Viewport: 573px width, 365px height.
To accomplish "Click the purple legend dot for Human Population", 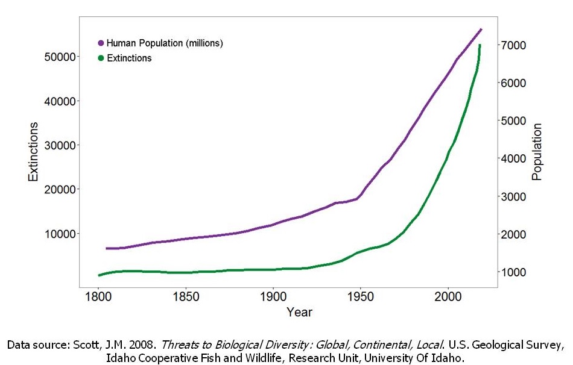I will [101, 43].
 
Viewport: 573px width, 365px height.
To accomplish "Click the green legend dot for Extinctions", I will [101, 58].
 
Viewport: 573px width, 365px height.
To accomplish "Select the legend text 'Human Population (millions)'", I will [165, 43].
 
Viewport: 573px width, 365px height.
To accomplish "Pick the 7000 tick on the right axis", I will [516, 45].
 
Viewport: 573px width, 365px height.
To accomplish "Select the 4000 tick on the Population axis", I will [516, 158].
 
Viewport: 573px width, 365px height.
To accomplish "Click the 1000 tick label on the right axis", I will [516, 272].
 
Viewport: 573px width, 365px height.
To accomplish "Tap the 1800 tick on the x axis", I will [98, 298].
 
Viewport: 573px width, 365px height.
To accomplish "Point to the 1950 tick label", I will [360, 298].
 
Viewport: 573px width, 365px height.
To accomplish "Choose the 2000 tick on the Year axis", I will [448, 298].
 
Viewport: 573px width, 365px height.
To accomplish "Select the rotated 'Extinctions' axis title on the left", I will [34, 152].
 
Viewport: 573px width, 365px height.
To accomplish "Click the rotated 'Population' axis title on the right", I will [537, 152].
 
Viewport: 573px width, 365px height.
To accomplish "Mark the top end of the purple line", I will [481, 29].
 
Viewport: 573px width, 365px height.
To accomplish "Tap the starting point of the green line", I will [98, 275].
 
